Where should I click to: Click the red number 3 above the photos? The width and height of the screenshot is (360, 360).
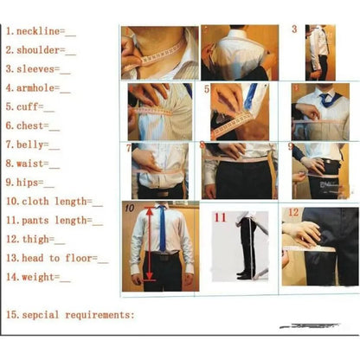click(x=294, y=29)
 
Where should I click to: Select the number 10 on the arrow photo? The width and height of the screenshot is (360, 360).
click(x=128, y=208)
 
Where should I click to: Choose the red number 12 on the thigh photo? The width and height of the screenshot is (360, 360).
click(x=292, y=212)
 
